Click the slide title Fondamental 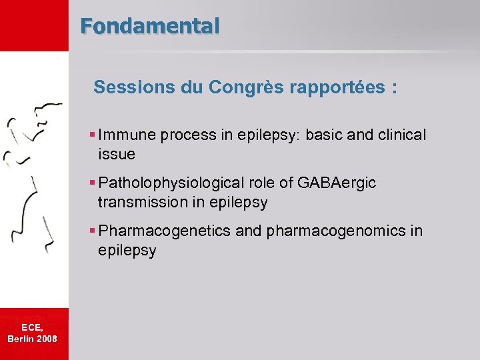(149, 26)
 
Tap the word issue (117, 154)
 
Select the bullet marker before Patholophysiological (93, 183)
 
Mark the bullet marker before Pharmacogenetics (93, 231)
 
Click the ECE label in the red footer (32, 327)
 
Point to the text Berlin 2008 (32, 339)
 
